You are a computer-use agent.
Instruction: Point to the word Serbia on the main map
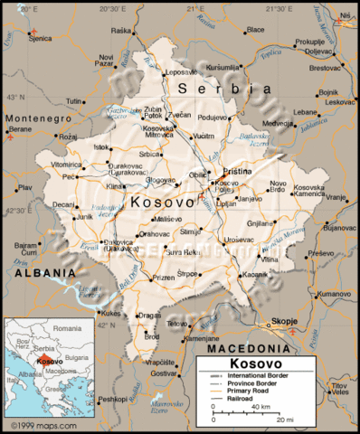[224, 89]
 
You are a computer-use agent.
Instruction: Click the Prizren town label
[163, 278]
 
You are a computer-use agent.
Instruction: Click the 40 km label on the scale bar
[262, 408]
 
